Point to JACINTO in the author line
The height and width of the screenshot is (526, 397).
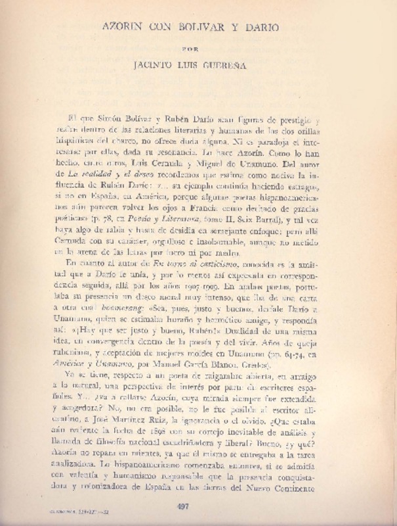tap(153, 66)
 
